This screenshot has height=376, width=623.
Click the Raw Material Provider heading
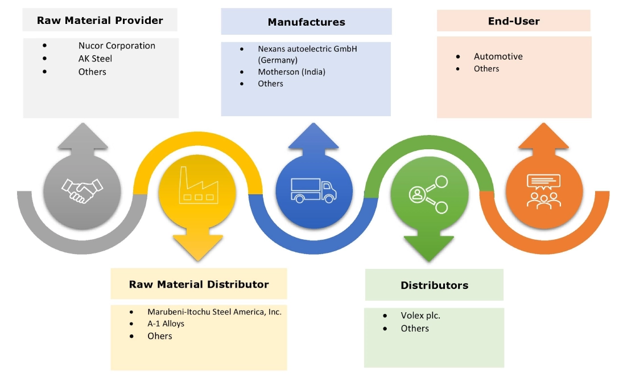point(100,21)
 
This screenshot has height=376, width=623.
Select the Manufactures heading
point(306,22)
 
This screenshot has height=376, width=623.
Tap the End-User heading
point(514,21)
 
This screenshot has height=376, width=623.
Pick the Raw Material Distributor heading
point(199,284)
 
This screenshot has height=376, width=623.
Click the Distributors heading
point(434,285)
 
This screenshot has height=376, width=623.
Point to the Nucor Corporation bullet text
point(117,46)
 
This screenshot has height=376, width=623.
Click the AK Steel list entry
point(95,59)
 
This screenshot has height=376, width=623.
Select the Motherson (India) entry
point(291,72)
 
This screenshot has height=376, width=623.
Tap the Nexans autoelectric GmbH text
point(307,49)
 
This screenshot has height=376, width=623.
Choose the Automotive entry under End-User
point(498,56)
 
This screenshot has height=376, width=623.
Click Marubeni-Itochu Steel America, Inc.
point(214,312)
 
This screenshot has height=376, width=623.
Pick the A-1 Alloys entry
point(166,324)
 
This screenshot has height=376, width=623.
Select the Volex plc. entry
point(420,315)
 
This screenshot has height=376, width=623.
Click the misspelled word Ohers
point(159,336)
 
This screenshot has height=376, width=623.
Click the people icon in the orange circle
point(543,191)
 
